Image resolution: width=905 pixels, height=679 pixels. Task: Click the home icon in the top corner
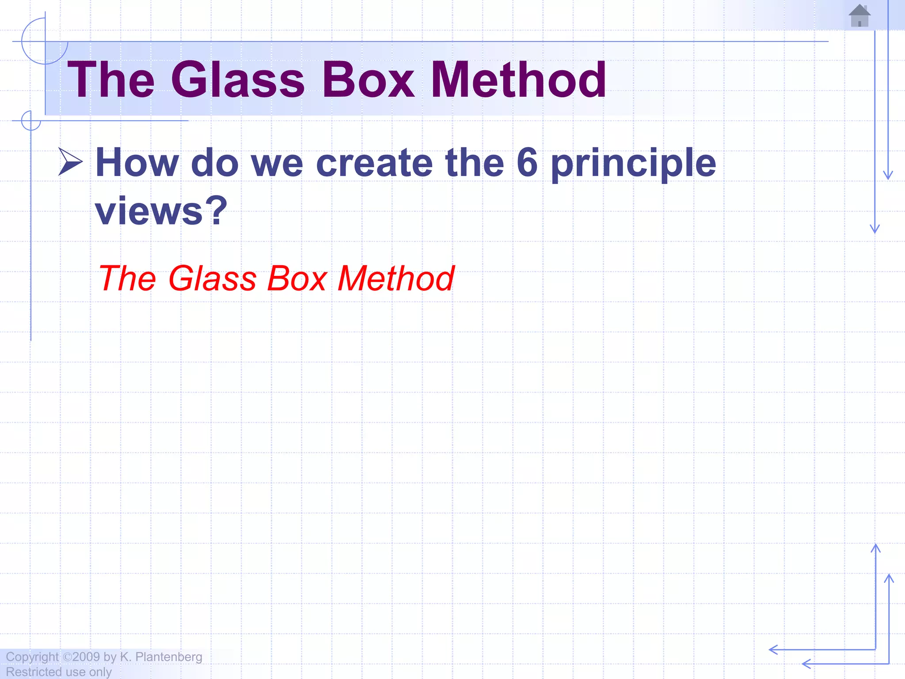click(859, 16)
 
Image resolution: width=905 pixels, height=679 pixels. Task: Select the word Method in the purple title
click(518, 80)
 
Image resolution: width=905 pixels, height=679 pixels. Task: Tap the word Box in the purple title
click(369, 80)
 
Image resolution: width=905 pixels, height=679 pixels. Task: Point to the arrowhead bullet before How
click(70, 162)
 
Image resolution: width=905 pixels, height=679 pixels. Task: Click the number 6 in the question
click(527, 163)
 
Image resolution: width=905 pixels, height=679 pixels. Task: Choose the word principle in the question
click(634, 164)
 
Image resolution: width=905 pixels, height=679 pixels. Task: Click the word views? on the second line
click(161, 211)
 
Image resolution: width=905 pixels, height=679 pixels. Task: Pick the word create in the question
click(374, 163)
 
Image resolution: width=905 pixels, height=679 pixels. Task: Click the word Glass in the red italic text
click(213, 278)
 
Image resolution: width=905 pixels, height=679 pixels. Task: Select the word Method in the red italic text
click(396, 278)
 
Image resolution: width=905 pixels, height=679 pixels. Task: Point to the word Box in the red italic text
click(297, 278)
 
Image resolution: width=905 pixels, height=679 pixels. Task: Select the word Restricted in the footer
click(33, 672)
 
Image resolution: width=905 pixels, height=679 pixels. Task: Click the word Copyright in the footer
click(32, 657)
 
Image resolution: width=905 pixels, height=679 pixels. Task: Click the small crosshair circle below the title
click(31, 121)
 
